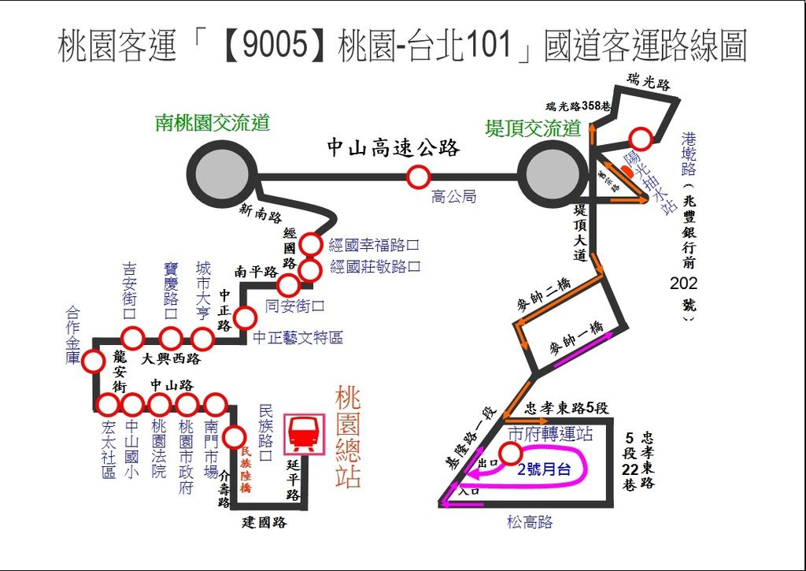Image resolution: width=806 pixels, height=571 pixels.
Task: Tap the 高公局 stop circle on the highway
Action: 418,177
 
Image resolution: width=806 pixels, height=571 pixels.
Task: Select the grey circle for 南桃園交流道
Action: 221,175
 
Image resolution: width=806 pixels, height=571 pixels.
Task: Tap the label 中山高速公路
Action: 393,147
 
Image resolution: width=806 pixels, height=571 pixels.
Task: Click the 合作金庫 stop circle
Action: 94,362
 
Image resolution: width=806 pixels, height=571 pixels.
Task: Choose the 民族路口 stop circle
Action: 234,436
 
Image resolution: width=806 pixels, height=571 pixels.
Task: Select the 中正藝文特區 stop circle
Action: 246,318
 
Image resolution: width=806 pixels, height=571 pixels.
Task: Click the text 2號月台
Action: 544,469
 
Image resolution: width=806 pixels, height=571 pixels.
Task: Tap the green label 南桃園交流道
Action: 213,123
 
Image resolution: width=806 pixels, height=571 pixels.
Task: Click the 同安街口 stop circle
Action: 289,285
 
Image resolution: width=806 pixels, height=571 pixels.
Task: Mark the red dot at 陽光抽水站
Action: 626,172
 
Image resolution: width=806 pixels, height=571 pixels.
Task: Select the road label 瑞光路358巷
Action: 579,106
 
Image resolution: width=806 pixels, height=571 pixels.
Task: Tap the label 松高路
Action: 530,522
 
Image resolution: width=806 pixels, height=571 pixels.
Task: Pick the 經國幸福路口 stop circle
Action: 311,244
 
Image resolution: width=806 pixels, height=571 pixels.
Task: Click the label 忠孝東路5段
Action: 568,408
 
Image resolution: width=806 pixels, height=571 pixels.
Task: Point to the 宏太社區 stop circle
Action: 106,405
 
